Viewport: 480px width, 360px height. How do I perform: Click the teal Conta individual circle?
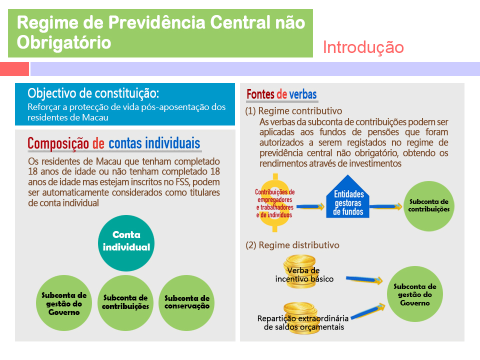click(126, 243)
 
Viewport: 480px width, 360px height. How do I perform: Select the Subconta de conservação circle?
click(186, 303)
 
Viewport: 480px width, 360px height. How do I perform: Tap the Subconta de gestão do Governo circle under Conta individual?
click(64, 303)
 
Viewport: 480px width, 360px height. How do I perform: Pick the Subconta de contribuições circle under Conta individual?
click(125, 303)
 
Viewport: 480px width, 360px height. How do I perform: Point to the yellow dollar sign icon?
click(275, 202)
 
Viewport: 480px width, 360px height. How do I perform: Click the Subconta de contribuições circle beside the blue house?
click(429, 206)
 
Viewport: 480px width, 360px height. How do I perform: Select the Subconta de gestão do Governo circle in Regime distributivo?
click(415, 294)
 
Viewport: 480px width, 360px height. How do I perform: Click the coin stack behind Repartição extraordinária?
click(300, 318)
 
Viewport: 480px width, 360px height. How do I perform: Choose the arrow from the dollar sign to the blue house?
click(310, 206)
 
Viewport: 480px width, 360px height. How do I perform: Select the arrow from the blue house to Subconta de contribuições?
click(385, 206)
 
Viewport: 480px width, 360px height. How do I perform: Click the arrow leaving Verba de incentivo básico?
click(364, 279)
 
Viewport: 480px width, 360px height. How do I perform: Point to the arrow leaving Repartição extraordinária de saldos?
click(368, 311)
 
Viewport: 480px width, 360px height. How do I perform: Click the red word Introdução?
click(363, 47)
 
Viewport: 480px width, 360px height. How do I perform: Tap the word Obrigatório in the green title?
click(63, 42)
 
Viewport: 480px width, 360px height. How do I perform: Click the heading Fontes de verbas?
click(281, 94)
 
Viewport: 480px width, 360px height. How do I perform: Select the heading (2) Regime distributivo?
click(292, 245)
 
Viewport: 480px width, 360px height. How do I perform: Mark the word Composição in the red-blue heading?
click(58, 143)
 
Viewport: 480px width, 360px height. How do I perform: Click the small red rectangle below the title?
click(14, 69)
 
